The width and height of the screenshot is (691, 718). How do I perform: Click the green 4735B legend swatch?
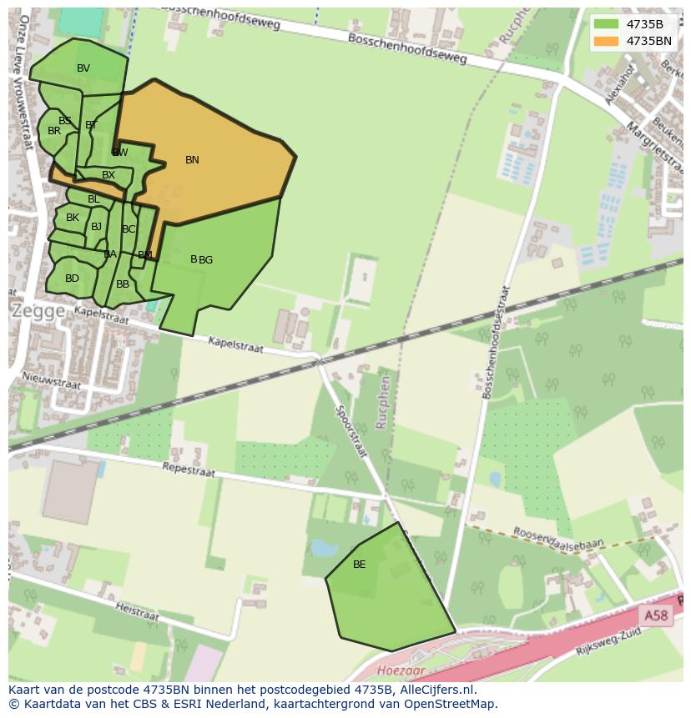(607, 24)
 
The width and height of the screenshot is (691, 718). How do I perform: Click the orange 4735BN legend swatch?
(607, 41)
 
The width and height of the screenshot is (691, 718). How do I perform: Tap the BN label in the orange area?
(192, 160)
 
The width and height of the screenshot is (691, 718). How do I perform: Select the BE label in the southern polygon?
(359, 565)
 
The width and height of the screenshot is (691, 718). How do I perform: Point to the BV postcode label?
(83, 68)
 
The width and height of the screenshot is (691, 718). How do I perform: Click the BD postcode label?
(72, 279)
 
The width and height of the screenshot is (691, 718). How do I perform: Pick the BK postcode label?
(73, 218)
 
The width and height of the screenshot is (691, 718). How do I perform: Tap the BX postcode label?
(108, 175)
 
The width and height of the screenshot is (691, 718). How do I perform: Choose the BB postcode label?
(123, 284)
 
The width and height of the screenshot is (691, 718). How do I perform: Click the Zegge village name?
(38, 310)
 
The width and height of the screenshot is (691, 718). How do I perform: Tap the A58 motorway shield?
(656, 615)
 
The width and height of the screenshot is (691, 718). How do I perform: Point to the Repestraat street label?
(189, 470)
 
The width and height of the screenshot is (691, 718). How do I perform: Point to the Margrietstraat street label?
(643, 134)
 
